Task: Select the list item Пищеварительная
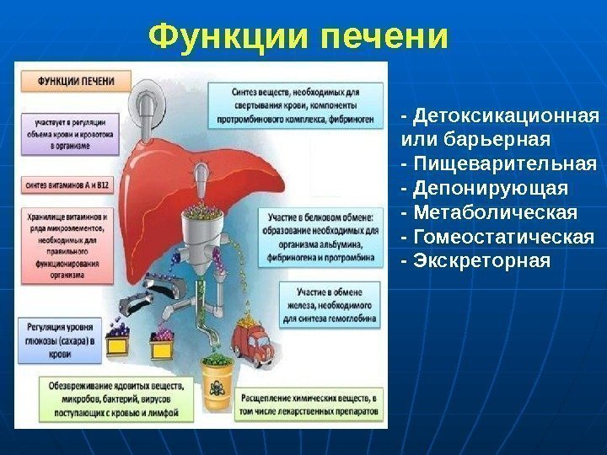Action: [x=504, y=161]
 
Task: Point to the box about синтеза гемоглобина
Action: [x=330, y=303]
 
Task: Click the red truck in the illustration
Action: [x=252, y=341]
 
